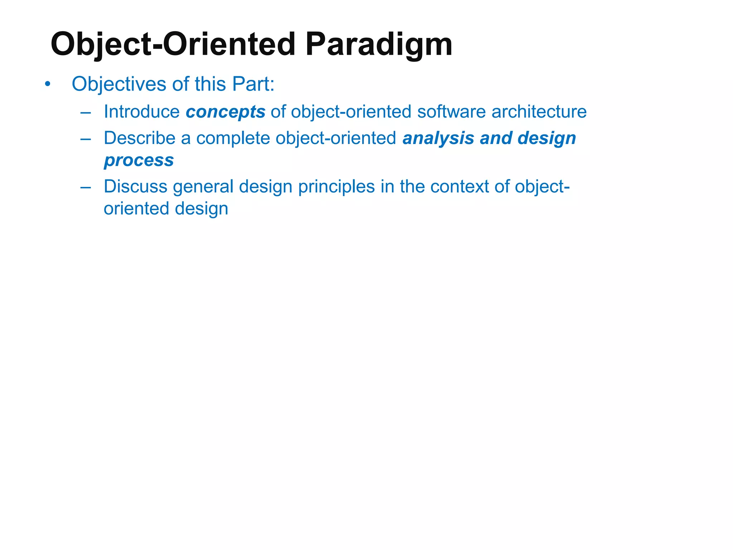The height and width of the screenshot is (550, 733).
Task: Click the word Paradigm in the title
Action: pyautogui.click(x=379, y=45)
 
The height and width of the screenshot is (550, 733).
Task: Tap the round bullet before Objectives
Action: pyautogui.click(x=47, y=85)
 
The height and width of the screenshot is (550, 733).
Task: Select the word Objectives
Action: pyautogui.click(x=119, y=85)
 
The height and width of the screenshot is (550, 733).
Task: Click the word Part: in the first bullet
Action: pyautogui.click(x=253, y=85)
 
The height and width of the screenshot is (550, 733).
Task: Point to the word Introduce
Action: pyautogui.click(x=142, y=112)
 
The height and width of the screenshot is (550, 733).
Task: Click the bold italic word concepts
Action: pyautogui.click(x=225, y=112)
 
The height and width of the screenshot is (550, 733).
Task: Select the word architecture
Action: pyautogui.click(x=539, y=112)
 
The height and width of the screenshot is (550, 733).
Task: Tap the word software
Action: pyautogui.click(x=451, y=112)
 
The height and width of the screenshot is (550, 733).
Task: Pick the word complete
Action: pyautogui.click(x=233, y=138)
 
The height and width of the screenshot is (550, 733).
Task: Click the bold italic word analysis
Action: pyautogui.click(x=438, y=138)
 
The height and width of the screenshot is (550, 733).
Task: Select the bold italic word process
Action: pyautogui.click(x=139, y=160)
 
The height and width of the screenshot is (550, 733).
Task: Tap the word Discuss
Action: pyautogui.click(x=136, y=187)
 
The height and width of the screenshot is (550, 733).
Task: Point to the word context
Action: pyautogui.click(x=459, y=187)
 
